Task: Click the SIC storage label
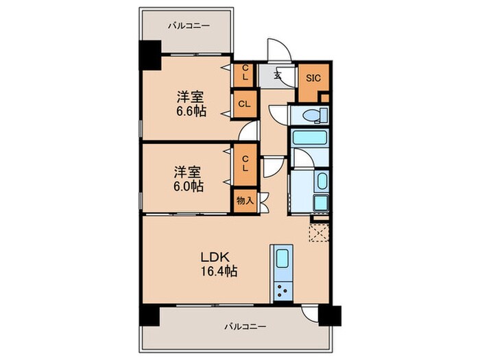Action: point(312,77)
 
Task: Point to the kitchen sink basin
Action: point(283,260)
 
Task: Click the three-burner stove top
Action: point(283,291)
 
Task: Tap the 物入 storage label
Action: point(245,201)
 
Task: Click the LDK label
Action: point(214,256)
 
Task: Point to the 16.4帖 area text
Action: point(217,271)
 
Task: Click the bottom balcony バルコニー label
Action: point(244,327)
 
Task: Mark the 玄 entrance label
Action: point(278,76)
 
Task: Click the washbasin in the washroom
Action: point(322,182)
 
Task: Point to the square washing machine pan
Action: point(320,204)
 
